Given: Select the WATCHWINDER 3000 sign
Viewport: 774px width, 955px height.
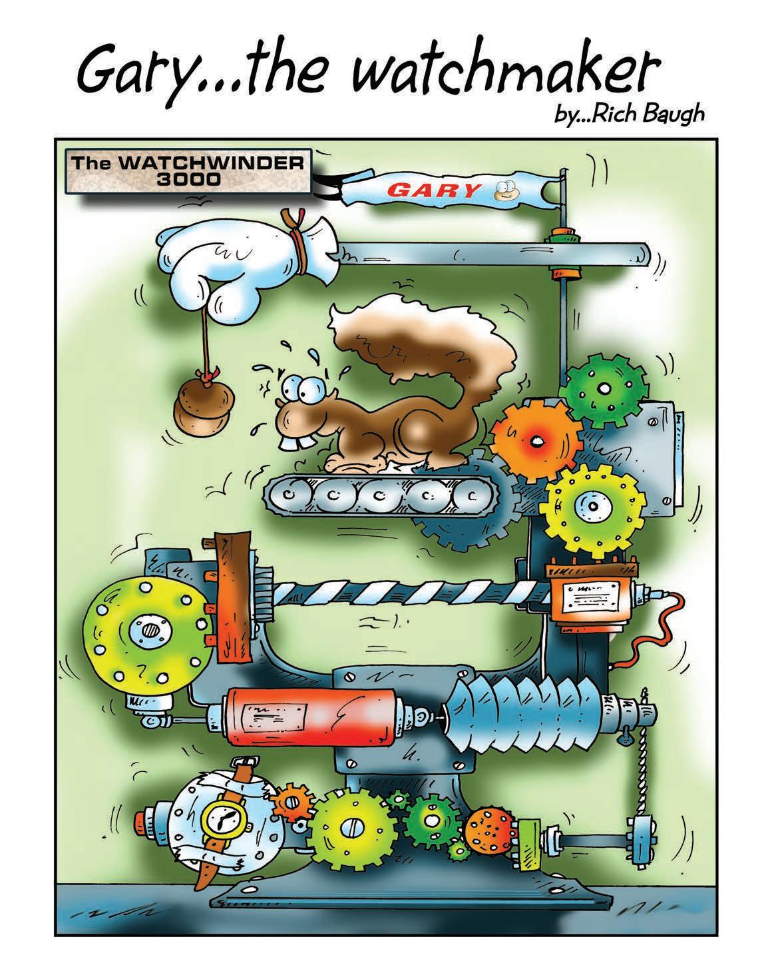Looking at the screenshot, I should pos(190,171).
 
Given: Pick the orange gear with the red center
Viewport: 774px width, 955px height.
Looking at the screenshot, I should pos(532,440).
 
